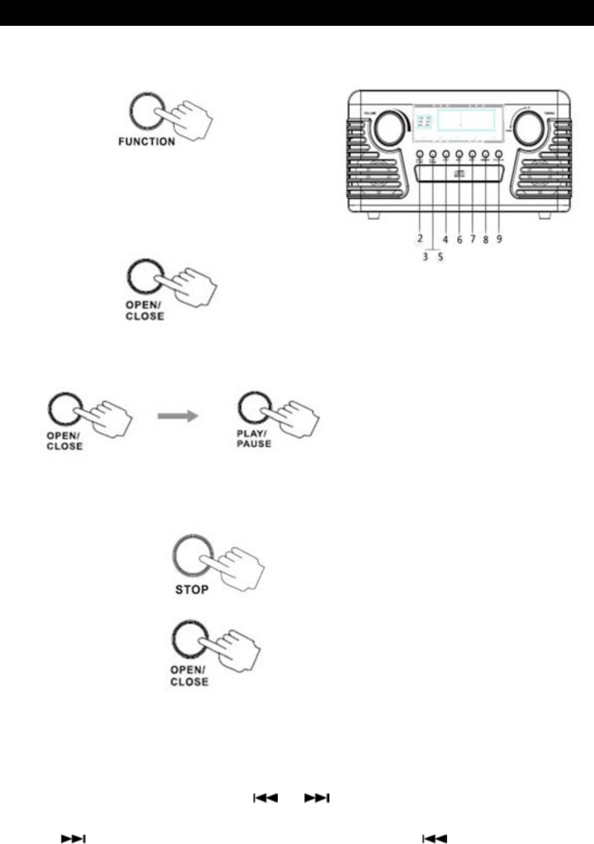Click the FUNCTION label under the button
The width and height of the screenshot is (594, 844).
146,141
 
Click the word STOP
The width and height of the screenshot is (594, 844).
192,590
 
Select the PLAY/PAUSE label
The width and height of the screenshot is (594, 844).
254,439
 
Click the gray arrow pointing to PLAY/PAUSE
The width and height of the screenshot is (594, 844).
178,416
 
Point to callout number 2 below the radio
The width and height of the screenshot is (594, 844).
420,238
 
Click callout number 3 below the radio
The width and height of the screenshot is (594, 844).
426,257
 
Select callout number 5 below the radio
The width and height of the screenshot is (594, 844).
441,257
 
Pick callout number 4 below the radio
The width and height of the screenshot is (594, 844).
445,239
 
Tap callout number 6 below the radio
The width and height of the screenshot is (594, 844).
460,239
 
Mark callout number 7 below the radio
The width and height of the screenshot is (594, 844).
473,239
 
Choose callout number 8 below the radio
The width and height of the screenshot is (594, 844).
486,239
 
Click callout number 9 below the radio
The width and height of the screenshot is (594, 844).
499,238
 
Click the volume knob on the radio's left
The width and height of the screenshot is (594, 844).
389,128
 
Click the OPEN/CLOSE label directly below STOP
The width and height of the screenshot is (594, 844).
189,676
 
